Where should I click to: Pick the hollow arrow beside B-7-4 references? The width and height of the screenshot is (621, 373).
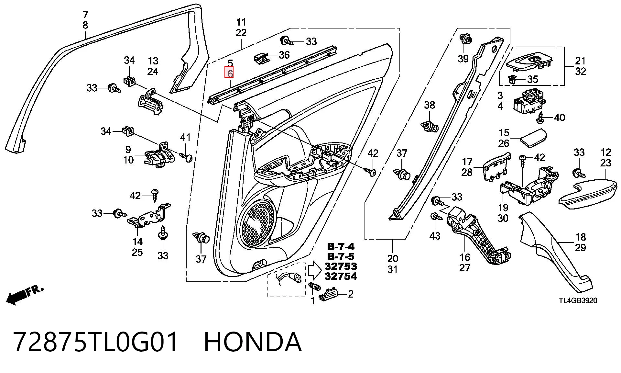(314, 271)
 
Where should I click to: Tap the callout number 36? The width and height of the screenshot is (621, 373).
(284, 55)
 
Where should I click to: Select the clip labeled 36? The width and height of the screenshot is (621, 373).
(261, 58)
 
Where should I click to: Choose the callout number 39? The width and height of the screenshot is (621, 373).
(463, 59)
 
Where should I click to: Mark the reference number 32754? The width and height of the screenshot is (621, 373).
(341, 276)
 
